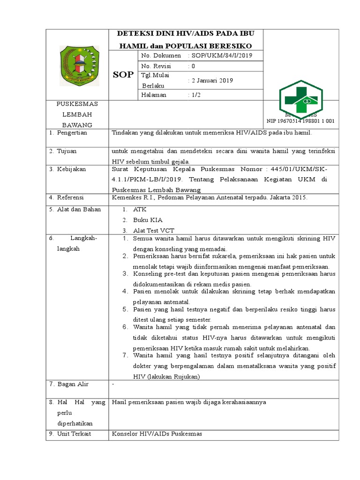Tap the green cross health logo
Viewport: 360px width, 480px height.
(307, 100)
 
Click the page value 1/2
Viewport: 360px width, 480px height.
(194, 95)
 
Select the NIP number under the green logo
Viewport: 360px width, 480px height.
(300, 121)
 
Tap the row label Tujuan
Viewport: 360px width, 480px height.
(67, 151)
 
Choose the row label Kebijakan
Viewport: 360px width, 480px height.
(71, 169)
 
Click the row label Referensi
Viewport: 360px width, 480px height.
(71, 198)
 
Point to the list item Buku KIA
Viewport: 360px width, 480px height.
(148, 220)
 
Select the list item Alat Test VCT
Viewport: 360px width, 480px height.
(154, 230)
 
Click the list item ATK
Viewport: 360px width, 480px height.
(140, 210)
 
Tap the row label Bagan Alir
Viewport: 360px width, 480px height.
(73, 384)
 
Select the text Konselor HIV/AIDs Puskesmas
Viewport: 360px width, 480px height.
(157, 434)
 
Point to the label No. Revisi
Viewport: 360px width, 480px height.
(156, 67)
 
